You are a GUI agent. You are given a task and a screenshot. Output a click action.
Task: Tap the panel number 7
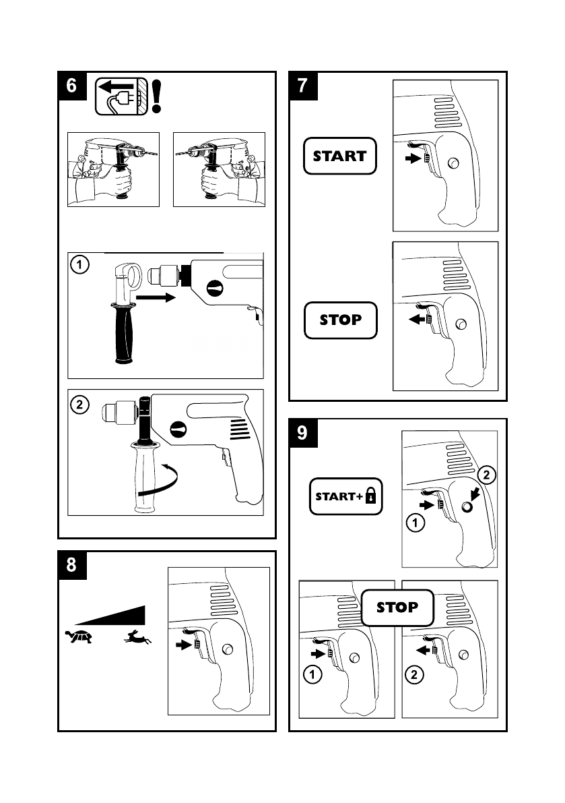[303, 86]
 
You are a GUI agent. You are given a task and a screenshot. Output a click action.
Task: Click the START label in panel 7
[339, 156]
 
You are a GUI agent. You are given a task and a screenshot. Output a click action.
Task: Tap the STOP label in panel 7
[340, 320]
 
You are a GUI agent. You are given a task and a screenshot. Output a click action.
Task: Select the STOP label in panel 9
[397, 607]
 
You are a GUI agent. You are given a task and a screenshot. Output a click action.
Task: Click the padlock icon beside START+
[370, 498]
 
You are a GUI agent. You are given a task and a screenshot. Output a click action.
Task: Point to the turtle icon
[78, 635]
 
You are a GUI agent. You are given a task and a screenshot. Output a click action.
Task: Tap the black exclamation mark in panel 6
[158, 96]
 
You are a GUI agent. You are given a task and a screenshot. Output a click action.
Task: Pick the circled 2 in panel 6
[79, 405]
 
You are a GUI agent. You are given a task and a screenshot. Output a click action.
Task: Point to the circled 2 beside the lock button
[488, 475]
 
